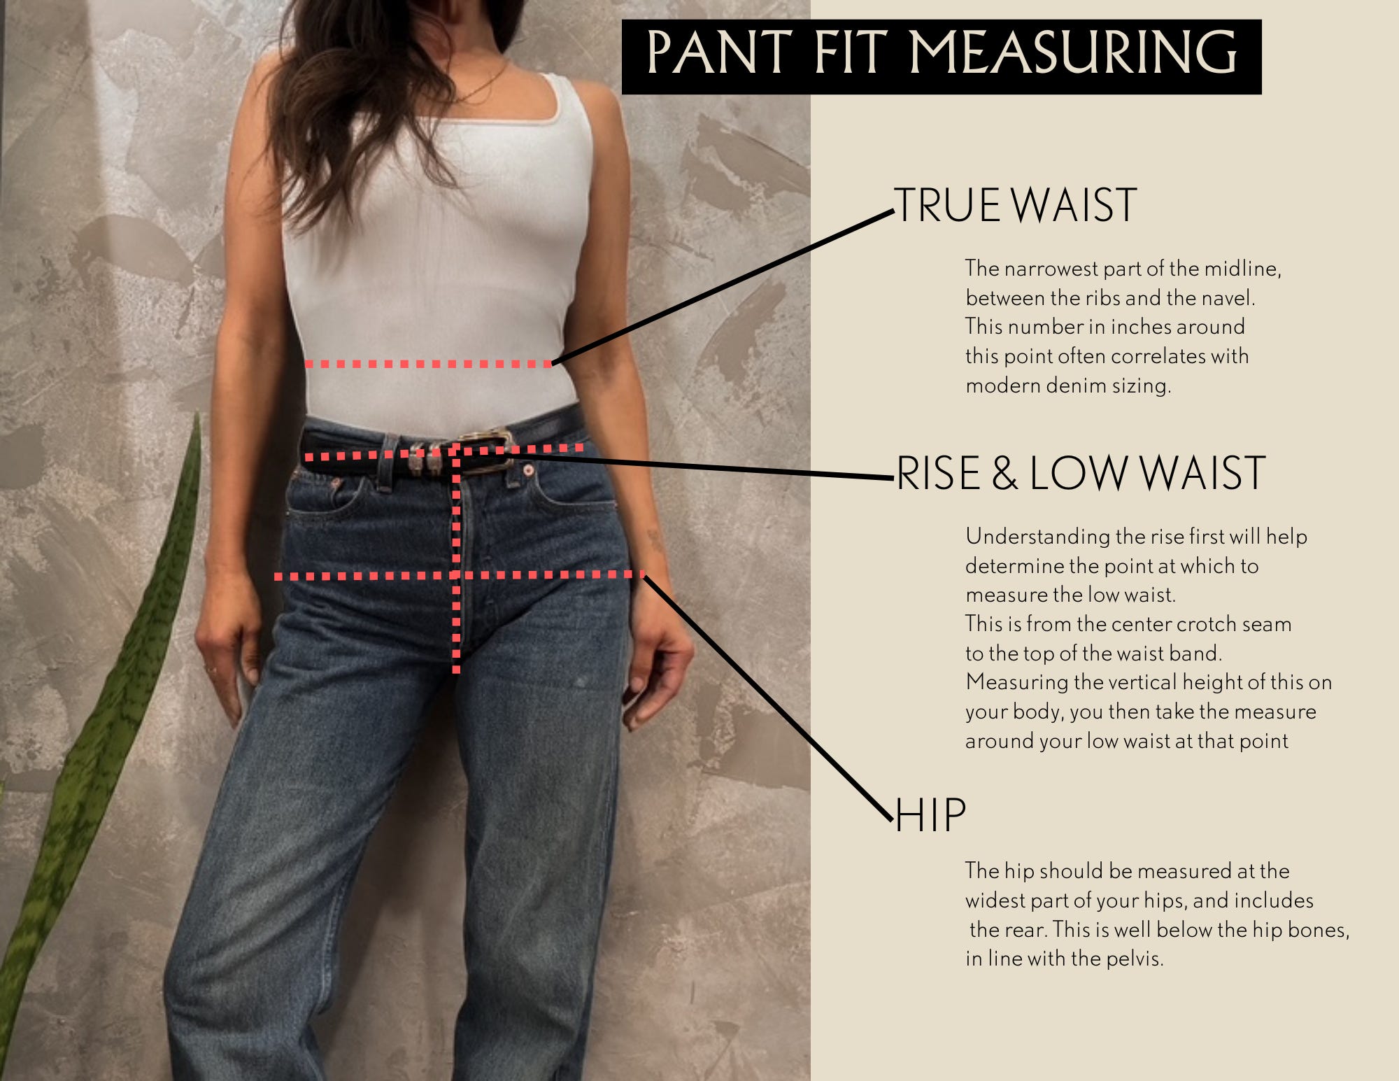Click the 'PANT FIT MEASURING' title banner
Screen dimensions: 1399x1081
tap(942, 57)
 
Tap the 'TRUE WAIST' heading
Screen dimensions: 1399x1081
tap(1016, 206)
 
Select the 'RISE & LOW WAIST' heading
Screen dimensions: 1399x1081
tap(1081, 473)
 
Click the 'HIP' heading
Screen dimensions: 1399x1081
tap(931, 815)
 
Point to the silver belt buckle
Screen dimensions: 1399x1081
tap(484, 450)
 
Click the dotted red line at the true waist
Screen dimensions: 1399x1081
tap(429, 364)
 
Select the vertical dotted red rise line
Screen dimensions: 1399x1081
tap(456, 560)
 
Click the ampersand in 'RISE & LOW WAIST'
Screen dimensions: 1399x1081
tap(1004, 474)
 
